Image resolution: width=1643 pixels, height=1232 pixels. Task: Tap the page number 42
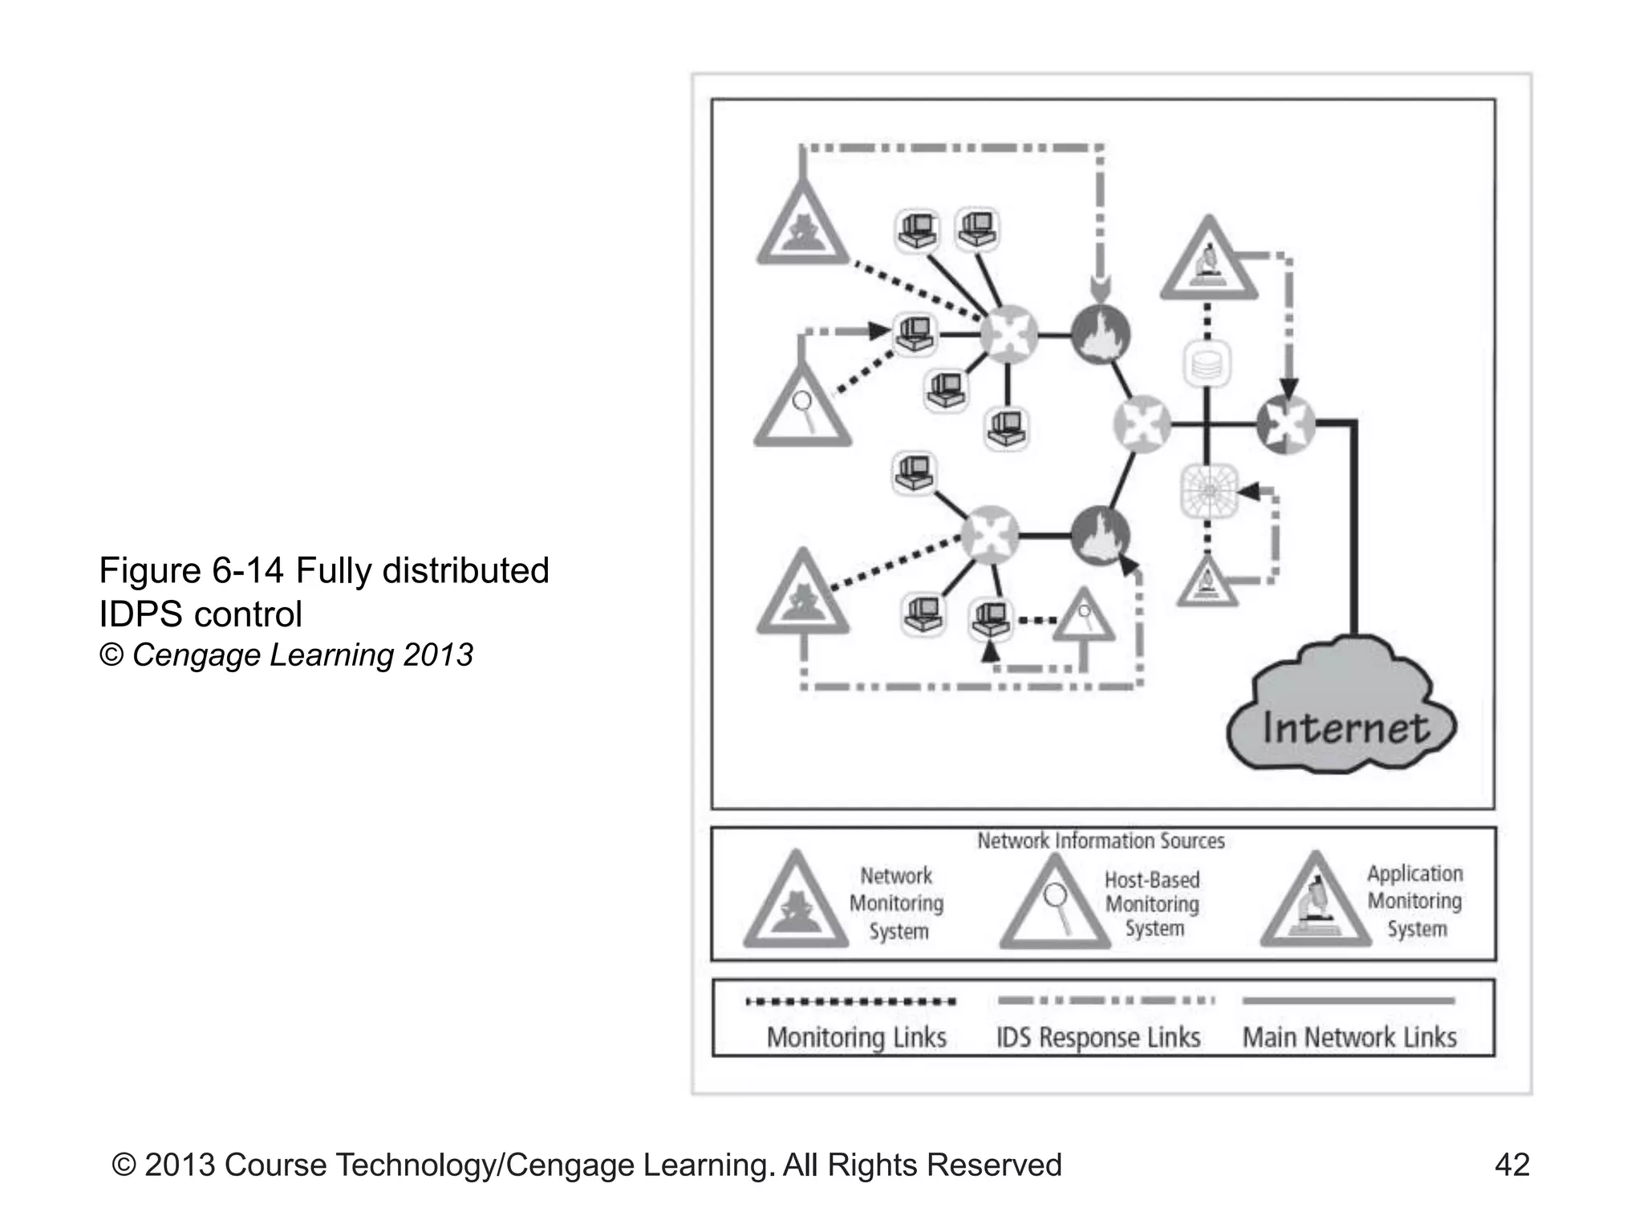[1511, 1165]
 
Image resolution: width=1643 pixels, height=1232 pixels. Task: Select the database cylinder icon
[1207, 363]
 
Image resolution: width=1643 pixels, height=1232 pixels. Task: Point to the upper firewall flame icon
[1101, 334]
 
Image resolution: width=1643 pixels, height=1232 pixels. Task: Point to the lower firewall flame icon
[1101, 536]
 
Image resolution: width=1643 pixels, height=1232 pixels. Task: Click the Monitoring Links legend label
[856, 1037]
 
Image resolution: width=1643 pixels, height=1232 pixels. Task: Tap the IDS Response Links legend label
[1097, 1037]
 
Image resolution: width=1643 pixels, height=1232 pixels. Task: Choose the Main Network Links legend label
[1349, 1037]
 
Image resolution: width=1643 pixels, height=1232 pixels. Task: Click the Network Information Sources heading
[1101, 841]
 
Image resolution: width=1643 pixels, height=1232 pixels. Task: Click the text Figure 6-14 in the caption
[191, 570]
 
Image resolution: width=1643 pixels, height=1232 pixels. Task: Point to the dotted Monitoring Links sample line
[850, 1001]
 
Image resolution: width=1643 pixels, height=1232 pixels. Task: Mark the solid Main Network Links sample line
[1348, 1001]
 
